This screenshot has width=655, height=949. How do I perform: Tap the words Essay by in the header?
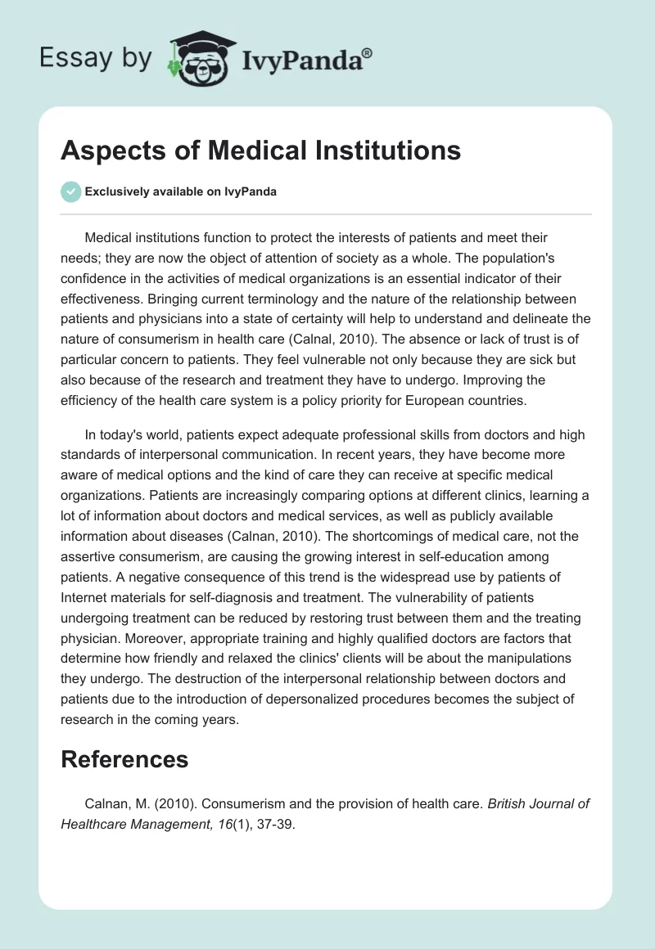pos(96,58)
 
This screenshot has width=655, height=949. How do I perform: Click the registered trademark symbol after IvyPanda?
pos(367,54)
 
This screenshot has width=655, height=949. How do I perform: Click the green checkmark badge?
pos(70,191)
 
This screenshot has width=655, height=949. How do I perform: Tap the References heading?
pos(124,759)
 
